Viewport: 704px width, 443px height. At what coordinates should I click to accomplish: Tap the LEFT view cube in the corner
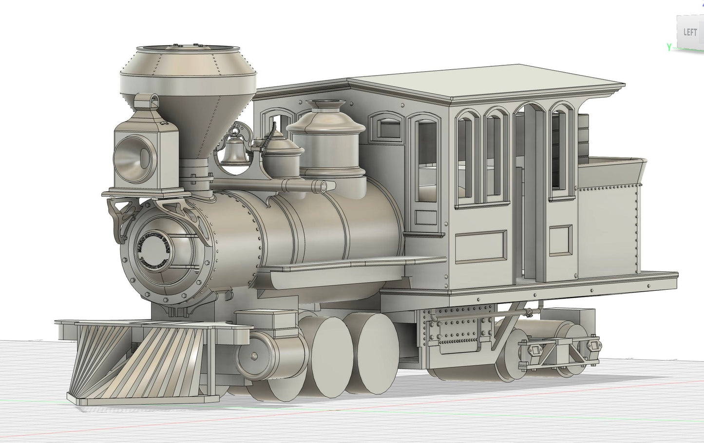pyautogui.click(x=690, y=32)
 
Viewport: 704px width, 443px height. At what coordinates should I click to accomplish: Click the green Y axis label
pyautogui.click(x=669, y=47)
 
